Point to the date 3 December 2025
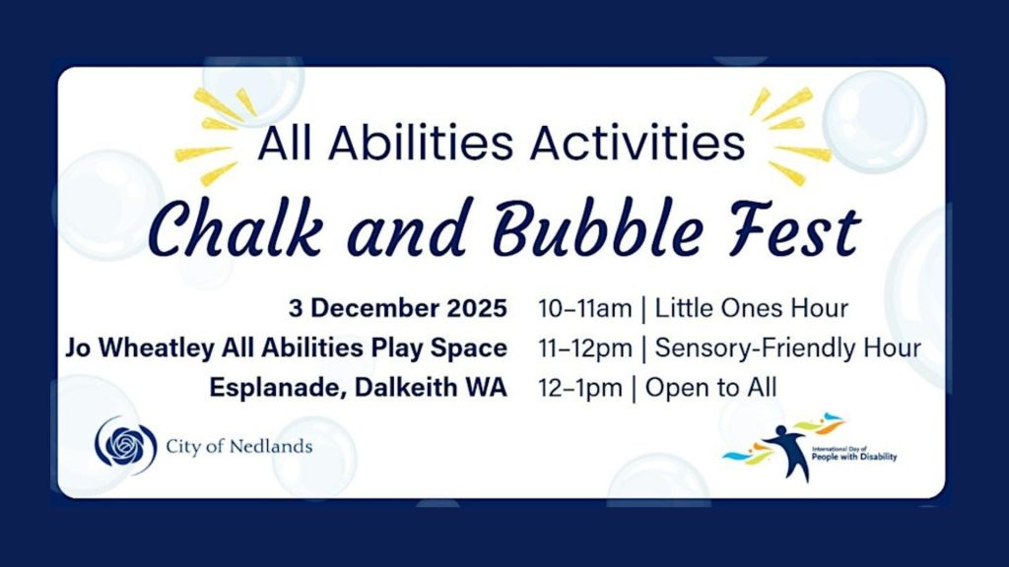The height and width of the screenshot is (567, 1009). pyautogui.click(x=398, y=309)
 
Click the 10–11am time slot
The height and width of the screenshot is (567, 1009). pyautogui.click(x=584, y=309)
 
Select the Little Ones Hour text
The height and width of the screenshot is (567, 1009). pyautogui.click(x=751, y=309)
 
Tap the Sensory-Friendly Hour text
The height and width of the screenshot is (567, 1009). pyautogui.click(x=787, y=348)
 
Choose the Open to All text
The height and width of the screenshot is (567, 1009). pyautogui.click(x=710, y=388)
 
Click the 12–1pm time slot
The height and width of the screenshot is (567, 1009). pyautogui.click(x=580, y=388)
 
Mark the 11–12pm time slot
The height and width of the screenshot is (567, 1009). pyautogui.click(x=584, y=348)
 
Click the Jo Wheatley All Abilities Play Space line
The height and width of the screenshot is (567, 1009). pyautogui.click(x=287, y=348)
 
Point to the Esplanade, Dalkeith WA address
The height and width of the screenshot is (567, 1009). pyautogui.click(x=359, y=388)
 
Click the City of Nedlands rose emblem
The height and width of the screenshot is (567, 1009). pyautogui.click(x=125, y=446)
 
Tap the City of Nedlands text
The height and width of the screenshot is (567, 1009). pyautogui.click(x=238, y=447)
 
